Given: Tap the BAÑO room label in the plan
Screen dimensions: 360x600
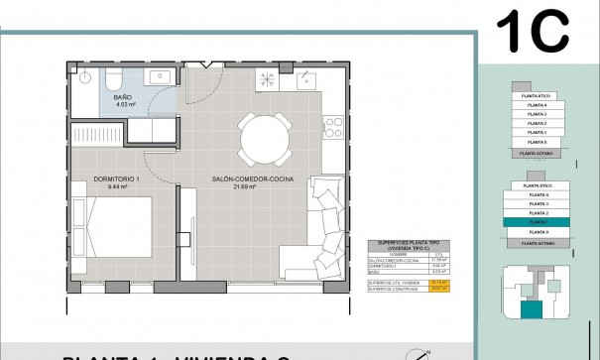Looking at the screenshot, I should (125, 96).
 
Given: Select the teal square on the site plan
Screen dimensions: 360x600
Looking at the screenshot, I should (532, 311).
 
